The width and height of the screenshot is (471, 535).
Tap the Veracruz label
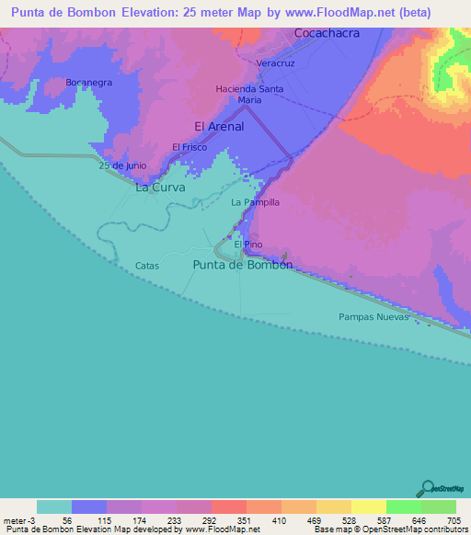click(274, 63)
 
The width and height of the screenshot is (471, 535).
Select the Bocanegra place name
click(88, 82)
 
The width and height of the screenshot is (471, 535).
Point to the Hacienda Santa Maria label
click(249, 94)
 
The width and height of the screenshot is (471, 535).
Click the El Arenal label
click(219, 127)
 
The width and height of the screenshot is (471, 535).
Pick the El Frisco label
click(189, 147)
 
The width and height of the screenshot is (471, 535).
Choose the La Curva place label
click(160, 187)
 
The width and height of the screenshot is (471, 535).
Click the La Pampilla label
click(255, 201)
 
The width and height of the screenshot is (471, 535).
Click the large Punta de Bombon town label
click(243, 265)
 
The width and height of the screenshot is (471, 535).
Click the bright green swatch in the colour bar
click(403, 507)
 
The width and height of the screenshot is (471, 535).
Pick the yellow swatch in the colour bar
click(368, 507)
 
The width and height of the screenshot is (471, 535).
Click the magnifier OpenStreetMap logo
click(427, 488)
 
